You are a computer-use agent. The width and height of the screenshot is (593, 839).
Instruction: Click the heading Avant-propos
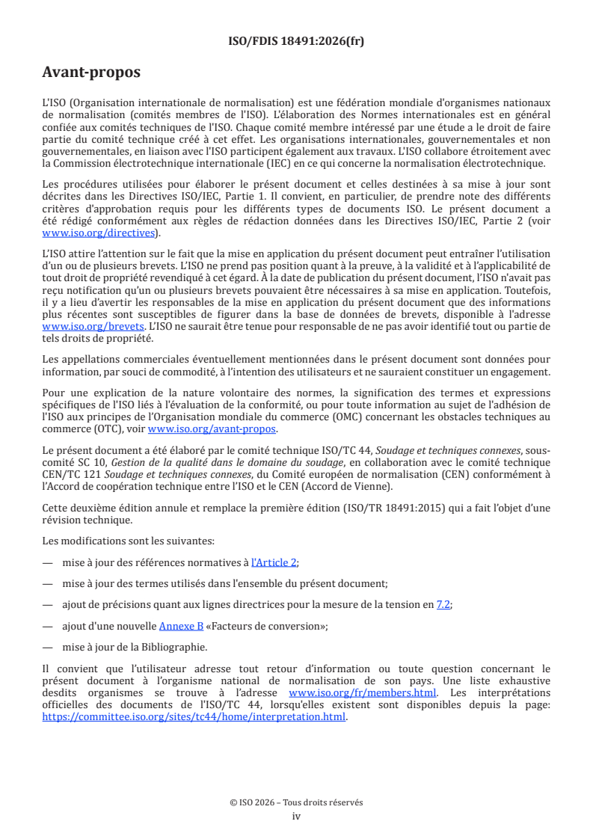click(91, 73)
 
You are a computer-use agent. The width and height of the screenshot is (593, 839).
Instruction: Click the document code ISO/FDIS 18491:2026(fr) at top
click(296, 41)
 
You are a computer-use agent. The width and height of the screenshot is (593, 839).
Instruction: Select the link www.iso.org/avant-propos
click(212, 428)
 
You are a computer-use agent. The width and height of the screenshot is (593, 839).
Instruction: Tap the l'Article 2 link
click(274, 562)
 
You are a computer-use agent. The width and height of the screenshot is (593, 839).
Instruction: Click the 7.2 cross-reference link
click(444, 605)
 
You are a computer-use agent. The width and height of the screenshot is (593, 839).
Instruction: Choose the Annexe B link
click(176, 626)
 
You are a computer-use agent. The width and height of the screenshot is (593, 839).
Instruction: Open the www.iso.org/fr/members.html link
click(363, 692)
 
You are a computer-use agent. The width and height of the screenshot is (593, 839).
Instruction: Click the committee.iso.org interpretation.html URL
click(194, 716)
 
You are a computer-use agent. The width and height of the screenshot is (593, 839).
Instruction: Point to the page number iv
click(296, 816)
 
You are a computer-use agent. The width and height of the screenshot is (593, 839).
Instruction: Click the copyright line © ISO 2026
click(296, 802)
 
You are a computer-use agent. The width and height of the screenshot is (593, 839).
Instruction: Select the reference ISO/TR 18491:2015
click(403, 508)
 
